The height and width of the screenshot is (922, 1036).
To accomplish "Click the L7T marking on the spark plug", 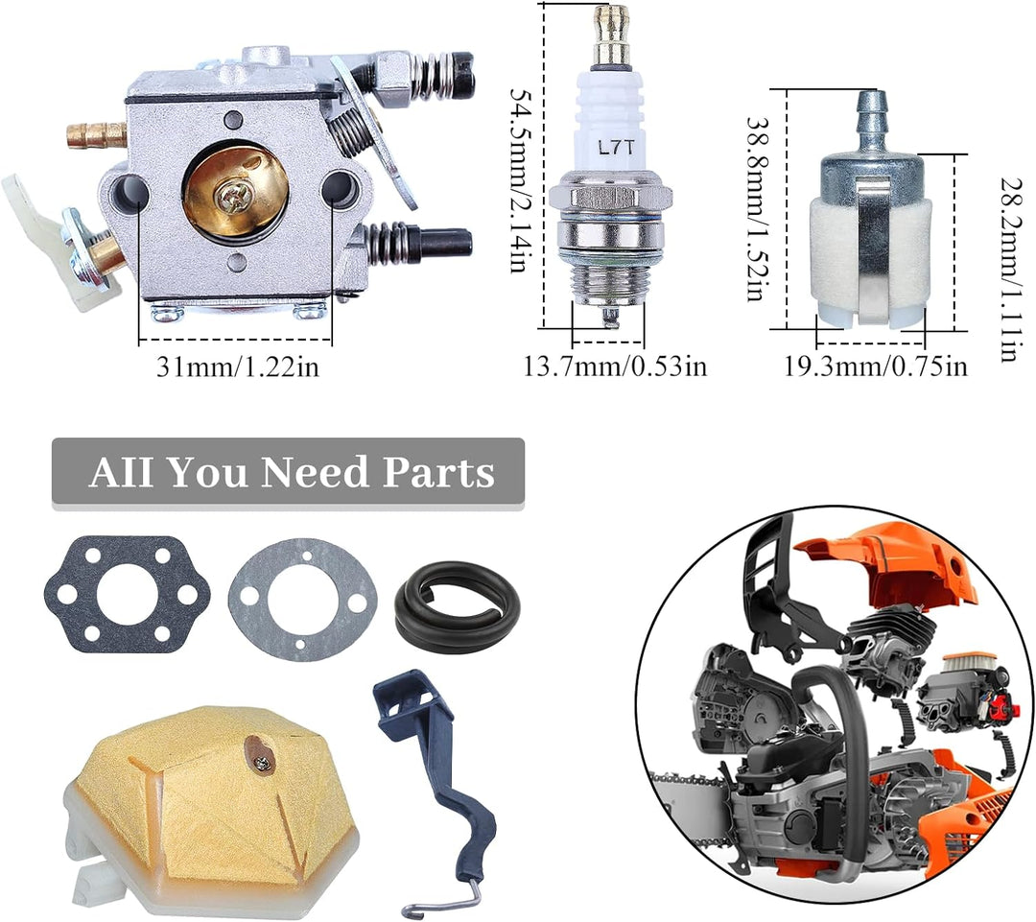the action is click(616, 147).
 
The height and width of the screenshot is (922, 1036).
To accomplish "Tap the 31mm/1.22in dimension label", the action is click(238, 366).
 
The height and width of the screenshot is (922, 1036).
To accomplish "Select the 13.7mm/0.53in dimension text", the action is click(615, 366).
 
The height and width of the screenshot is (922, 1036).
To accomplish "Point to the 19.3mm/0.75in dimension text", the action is click(876, 366).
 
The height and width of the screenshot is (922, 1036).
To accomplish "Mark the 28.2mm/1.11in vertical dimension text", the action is click(1011, 270).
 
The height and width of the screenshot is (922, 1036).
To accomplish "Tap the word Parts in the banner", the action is click(439, 473).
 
